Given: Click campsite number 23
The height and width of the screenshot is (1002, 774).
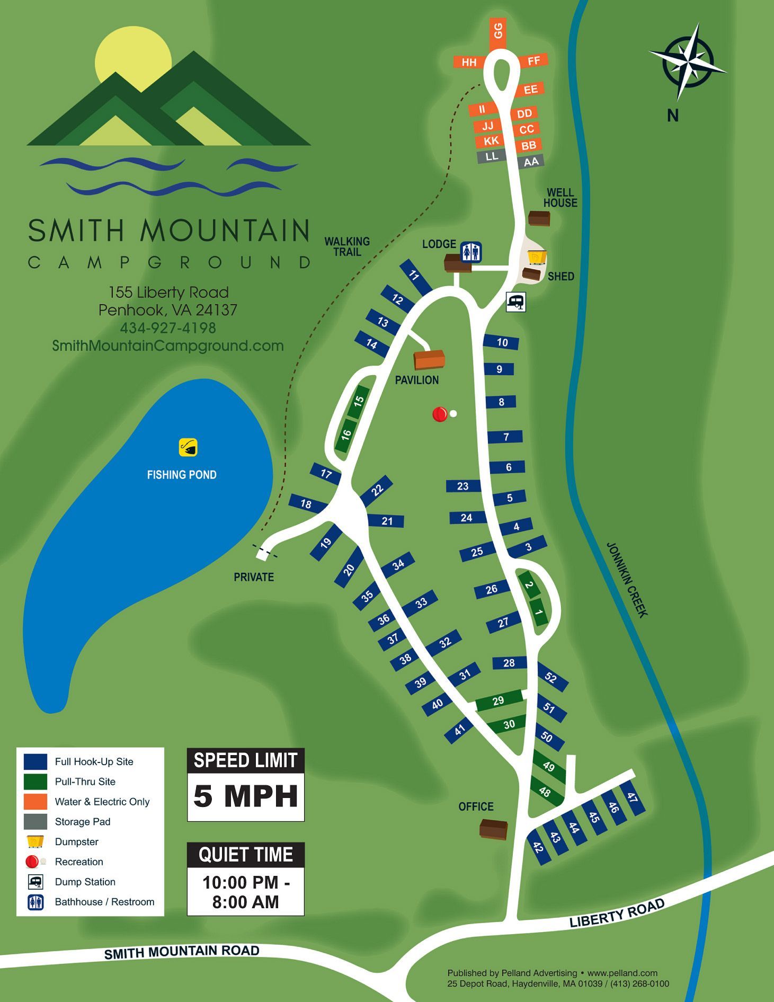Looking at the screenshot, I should pos(463,486).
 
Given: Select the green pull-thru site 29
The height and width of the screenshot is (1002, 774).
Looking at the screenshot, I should pos(498,701).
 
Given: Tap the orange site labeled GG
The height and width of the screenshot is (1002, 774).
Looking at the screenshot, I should pos(498,31).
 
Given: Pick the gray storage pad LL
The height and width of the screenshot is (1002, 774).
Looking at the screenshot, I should pos(492,156).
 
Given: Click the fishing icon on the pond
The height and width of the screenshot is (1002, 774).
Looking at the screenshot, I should pos(188,447).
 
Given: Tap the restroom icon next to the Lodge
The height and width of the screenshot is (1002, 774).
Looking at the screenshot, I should pos(470,252).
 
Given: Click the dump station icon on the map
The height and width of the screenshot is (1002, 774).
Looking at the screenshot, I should pos(515,302).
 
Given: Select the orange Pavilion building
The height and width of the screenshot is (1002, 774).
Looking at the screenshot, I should pos(429,360).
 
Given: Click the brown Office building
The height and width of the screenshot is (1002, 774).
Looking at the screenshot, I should pos(494,829).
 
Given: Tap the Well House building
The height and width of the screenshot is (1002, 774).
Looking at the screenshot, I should pos(539,218).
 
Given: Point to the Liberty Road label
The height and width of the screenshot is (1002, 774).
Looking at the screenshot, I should pos(617,914).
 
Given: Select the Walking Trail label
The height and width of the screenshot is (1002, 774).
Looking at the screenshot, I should pos(347,246).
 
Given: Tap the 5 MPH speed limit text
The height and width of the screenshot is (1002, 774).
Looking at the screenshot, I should pos(245,796).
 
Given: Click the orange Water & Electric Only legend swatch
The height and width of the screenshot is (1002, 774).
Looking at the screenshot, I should pos(35,801).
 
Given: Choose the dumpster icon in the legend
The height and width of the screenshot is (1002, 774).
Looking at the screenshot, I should pos(35,841).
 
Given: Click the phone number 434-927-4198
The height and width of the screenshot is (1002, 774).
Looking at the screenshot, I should pos(168,328).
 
